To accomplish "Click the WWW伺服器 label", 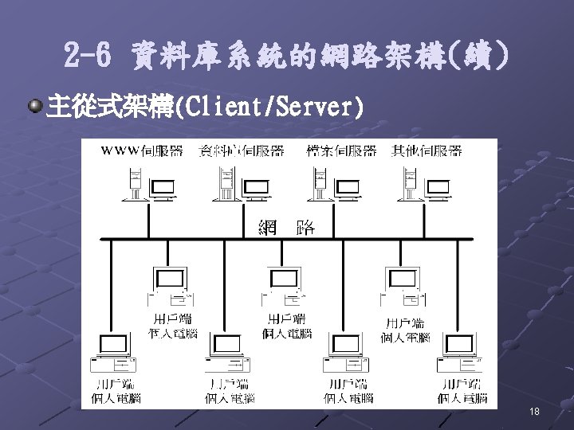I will point(141,150).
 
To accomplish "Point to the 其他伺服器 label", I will point(427,150).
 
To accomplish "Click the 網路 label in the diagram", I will point(286,227).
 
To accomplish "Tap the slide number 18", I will point(533,411).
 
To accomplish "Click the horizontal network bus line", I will point(199,238).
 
